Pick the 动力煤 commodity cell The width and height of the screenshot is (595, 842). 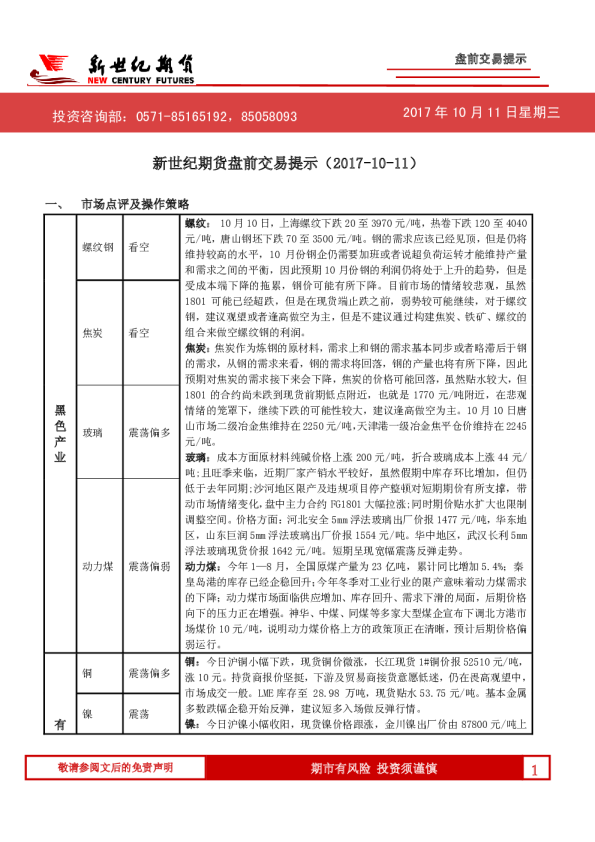click(x=97, y=566)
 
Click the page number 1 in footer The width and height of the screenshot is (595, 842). click(x=535, y=797)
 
